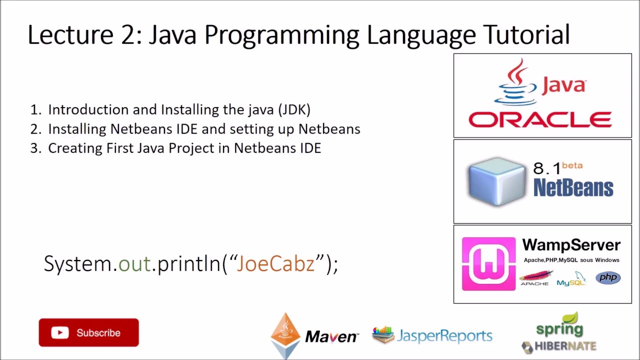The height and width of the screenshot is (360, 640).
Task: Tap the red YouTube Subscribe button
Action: pyautogui.click(x=89, y=332)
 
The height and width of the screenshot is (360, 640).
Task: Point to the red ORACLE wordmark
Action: pyautogui.click(x=540, y=120)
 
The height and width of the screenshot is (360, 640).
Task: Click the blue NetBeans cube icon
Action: pyautogui.click(x=496, y=181)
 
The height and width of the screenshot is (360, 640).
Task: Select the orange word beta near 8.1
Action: pyautogui.click(x=572, y=165)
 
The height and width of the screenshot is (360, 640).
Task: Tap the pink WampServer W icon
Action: pyautogui.click(x=488, y=263)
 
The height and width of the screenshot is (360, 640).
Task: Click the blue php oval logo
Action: pyautogui.click(x=607, y=278)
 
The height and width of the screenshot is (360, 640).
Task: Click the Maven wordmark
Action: pyautogui.click(x=331, y=337)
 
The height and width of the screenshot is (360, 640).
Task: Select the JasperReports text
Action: pyautogui.click(x=444, y=336)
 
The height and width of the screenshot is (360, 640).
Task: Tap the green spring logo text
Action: pyautogui.click(x=559, y=328)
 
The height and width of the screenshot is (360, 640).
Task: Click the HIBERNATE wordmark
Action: pyautogui.click(x=565, y=346)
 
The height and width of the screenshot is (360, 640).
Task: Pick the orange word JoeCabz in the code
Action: pyautogui.click(x=275, y=263)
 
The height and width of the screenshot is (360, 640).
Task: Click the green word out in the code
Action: pyautogui.click(x=134, y=263)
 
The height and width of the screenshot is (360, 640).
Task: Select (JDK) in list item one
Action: pyautogui.click(x=294, y=109)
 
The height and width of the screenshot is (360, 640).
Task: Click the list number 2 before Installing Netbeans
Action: pyautogui.click(x=35, y=129)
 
